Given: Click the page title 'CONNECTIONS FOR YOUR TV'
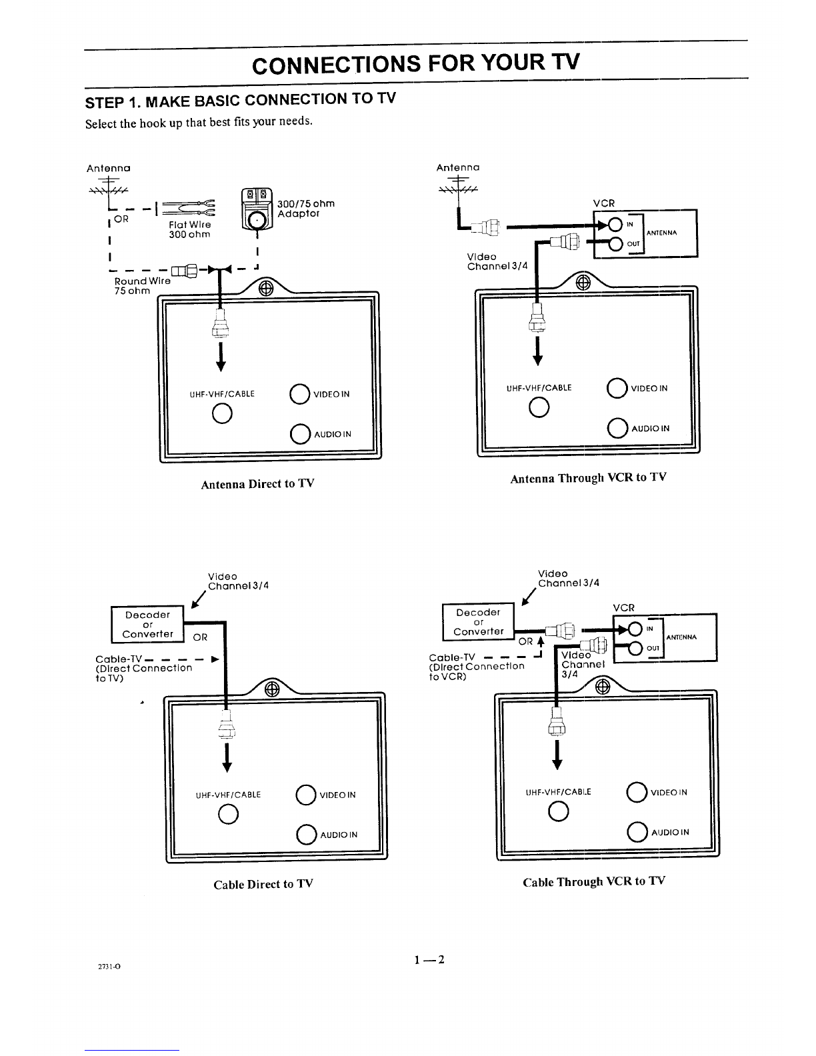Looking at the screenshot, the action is tap(415, 63).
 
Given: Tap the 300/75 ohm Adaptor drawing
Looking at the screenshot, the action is tap(257, 209).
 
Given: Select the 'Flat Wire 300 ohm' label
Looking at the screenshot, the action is tap(189, 229).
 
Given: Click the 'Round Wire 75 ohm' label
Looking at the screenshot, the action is tap(142, 286).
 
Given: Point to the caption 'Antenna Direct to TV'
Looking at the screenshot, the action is tap(257, 484).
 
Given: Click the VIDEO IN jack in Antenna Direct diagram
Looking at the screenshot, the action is tap(299, 394).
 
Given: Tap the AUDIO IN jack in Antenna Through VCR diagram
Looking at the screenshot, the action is tap(617, 428).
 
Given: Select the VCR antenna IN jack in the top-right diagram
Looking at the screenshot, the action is tap(615, 225).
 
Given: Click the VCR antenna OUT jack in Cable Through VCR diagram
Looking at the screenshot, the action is tap(635, 648).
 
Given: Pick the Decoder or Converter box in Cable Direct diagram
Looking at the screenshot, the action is tap(147, 625).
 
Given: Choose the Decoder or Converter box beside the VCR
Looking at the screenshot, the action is tap(478, 622).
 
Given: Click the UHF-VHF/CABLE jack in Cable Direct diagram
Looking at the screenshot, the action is tap(228, 814).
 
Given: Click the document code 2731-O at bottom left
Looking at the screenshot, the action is tap(109, 967).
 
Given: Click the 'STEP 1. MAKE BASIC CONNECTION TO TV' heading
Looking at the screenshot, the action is tap(240, 100).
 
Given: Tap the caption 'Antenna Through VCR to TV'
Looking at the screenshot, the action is tap(588, 478).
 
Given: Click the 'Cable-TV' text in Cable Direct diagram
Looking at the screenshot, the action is tap(118, 659).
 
